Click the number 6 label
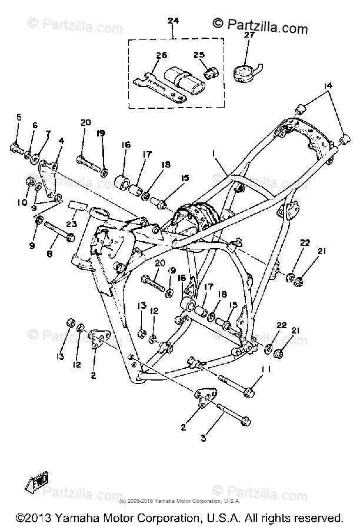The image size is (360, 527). click(x=34, y=125)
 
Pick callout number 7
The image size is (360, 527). click(x=48, y=134)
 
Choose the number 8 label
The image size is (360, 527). click(x=49, y=254)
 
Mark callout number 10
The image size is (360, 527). click(x=22, y=203)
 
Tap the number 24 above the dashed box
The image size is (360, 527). click(x=173, y=21)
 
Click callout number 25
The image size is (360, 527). click(x=199, y=55)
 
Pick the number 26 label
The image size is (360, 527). click(x=162, y=55)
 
